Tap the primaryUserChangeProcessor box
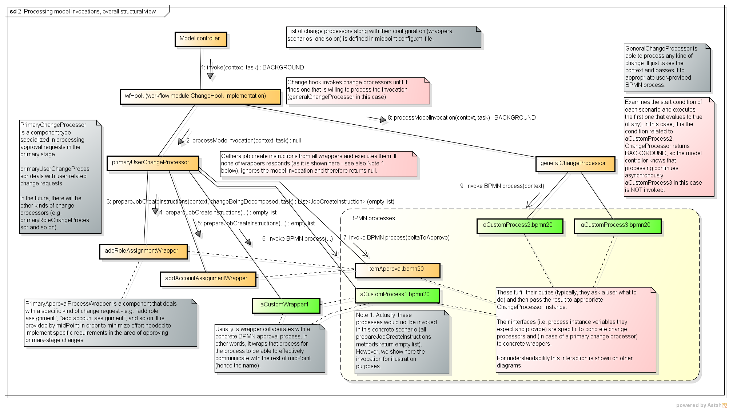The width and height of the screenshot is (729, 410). point(153,163)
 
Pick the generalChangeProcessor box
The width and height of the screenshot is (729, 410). point(575,164)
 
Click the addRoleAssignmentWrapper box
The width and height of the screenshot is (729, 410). point(143,251)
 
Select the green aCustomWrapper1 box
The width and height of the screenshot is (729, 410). point(286,305)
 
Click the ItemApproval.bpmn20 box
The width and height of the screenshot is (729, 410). point(397,270)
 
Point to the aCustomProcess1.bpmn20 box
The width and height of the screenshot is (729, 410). point(397,295)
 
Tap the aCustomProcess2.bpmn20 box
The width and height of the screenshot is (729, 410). point(519,226)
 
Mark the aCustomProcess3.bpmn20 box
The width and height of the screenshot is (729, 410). point(617,226)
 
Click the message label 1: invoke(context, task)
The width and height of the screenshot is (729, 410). point(252,68)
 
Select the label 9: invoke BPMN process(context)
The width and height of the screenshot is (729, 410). point(502,186)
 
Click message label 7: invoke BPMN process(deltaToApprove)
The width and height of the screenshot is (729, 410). point(397,238)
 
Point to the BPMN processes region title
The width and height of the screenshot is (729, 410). point(372,218)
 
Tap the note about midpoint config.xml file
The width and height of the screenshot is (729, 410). point(383,36)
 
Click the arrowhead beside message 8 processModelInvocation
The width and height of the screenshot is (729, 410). point(383,120)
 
